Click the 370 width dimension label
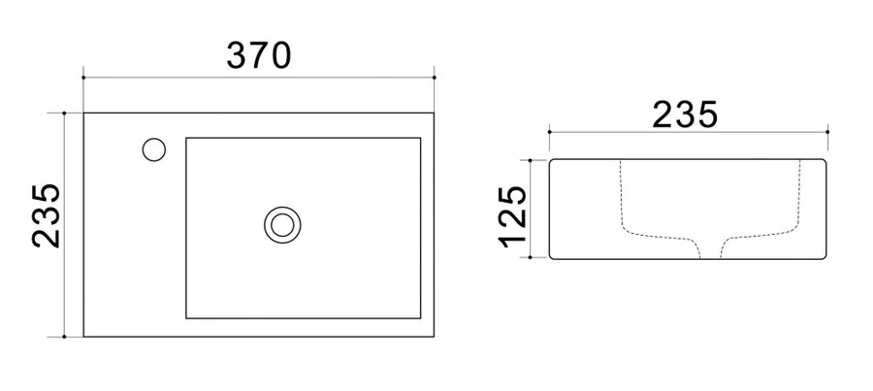coord(259,55)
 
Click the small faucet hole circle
coord(154,149)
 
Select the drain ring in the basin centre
coord(283,224)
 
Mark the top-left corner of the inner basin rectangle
coord(186,138)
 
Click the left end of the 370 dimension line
coord(84,75)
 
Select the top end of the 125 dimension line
coord(533,160)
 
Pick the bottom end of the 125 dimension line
coord(533,259)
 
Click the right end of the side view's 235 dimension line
coord(828,129)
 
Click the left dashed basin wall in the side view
coord(622,199)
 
